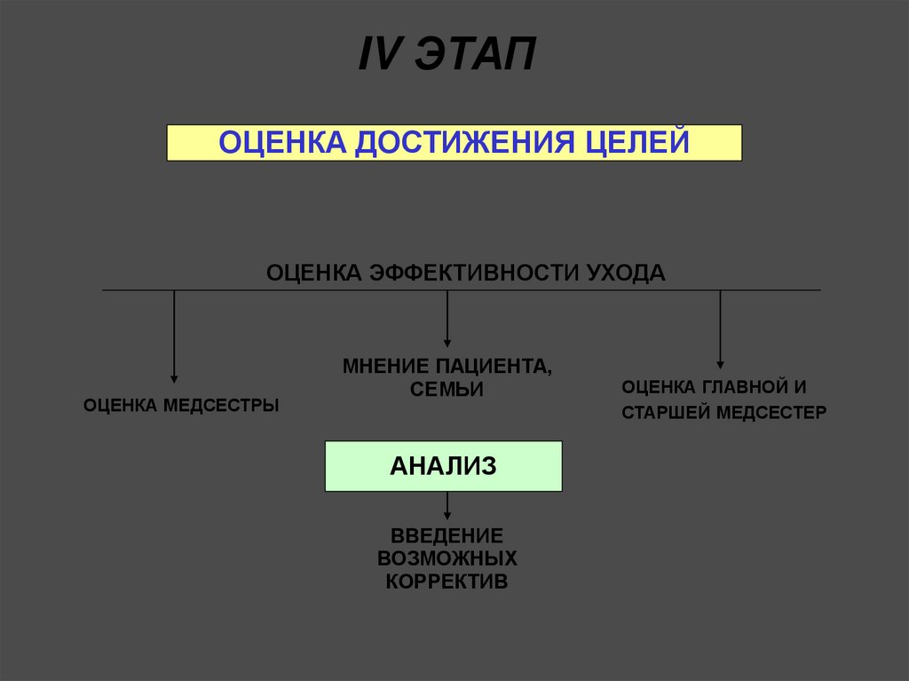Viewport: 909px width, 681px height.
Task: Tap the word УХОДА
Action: click(x=626, y=272)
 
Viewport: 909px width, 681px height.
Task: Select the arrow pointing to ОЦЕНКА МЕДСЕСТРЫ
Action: click(x=174, y=337)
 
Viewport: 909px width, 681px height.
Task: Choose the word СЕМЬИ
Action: click(x=447, y=389)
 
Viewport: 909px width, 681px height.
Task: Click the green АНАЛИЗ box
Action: click(x=444, y=466)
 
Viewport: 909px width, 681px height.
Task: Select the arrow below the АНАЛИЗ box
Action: click(x=447, y=507)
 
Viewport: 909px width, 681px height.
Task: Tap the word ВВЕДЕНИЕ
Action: click(x=447, y=535)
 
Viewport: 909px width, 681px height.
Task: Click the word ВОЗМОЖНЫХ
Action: click(x=447, y=558)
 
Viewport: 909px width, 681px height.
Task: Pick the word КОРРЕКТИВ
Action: click(x=447, y=582)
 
